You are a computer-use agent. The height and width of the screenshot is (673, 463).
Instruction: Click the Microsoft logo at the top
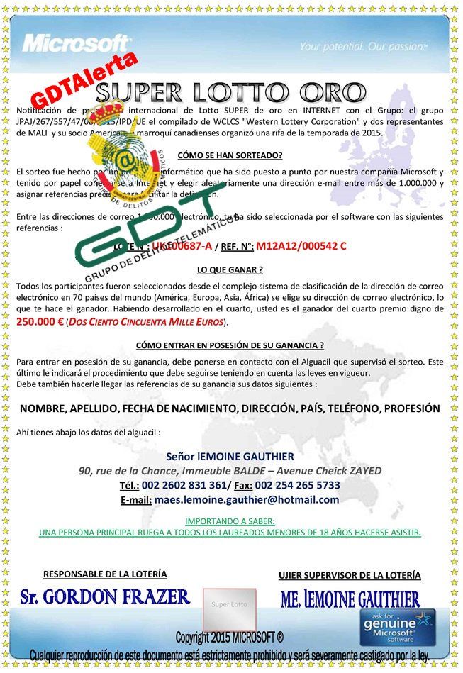click(76, 43)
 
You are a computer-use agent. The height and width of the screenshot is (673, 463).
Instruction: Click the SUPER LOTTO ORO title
click(231, 93)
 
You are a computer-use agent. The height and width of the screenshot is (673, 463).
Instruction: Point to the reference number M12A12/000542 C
click(301, 246)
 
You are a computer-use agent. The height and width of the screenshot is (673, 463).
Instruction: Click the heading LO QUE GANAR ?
click(230, 269)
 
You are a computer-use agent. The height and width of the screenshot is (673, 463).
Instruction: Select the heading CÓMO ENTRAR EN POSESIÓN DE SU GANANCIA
click(229, 345)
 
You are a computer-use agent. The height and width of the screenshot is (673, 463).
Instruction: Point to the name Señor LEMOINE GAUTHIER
click(230, 455)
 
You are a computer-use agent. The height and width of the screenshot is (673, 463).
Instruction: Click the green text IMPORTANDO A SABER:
click(230, 521)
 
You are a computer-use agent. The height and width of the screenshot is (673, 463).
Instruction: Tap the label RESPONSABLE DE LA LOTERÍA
click(105, 574)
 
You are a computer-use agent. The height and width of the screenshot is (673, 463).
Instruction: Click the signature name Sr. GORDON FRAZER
click(105, 596)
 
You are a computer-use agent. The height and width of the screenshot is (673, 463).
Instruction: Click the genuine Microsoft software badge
click(398, 628)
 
